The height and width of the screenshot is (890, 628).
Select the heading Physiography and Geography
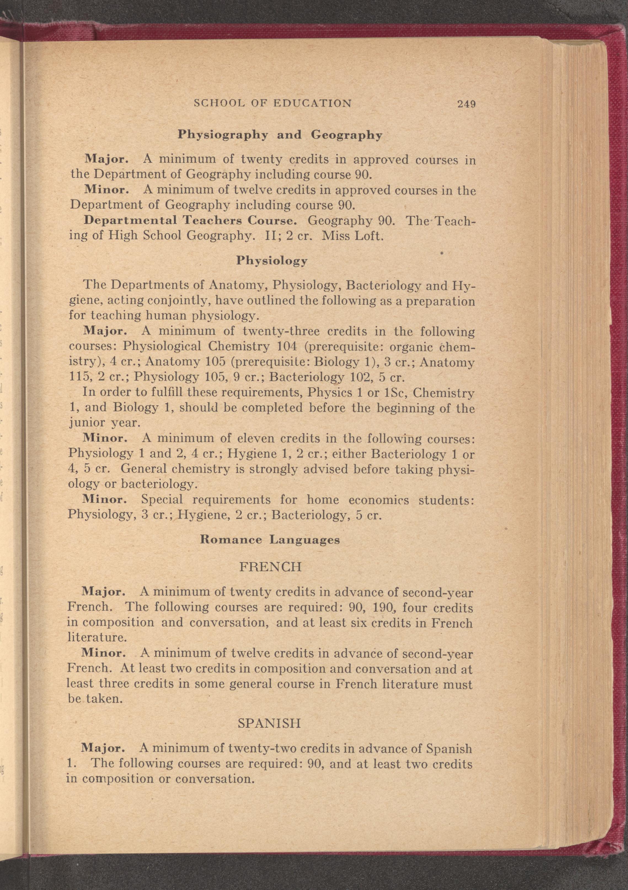coord(280,135)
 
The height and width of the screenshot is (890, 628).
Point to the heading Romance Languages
coord(270,540)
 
